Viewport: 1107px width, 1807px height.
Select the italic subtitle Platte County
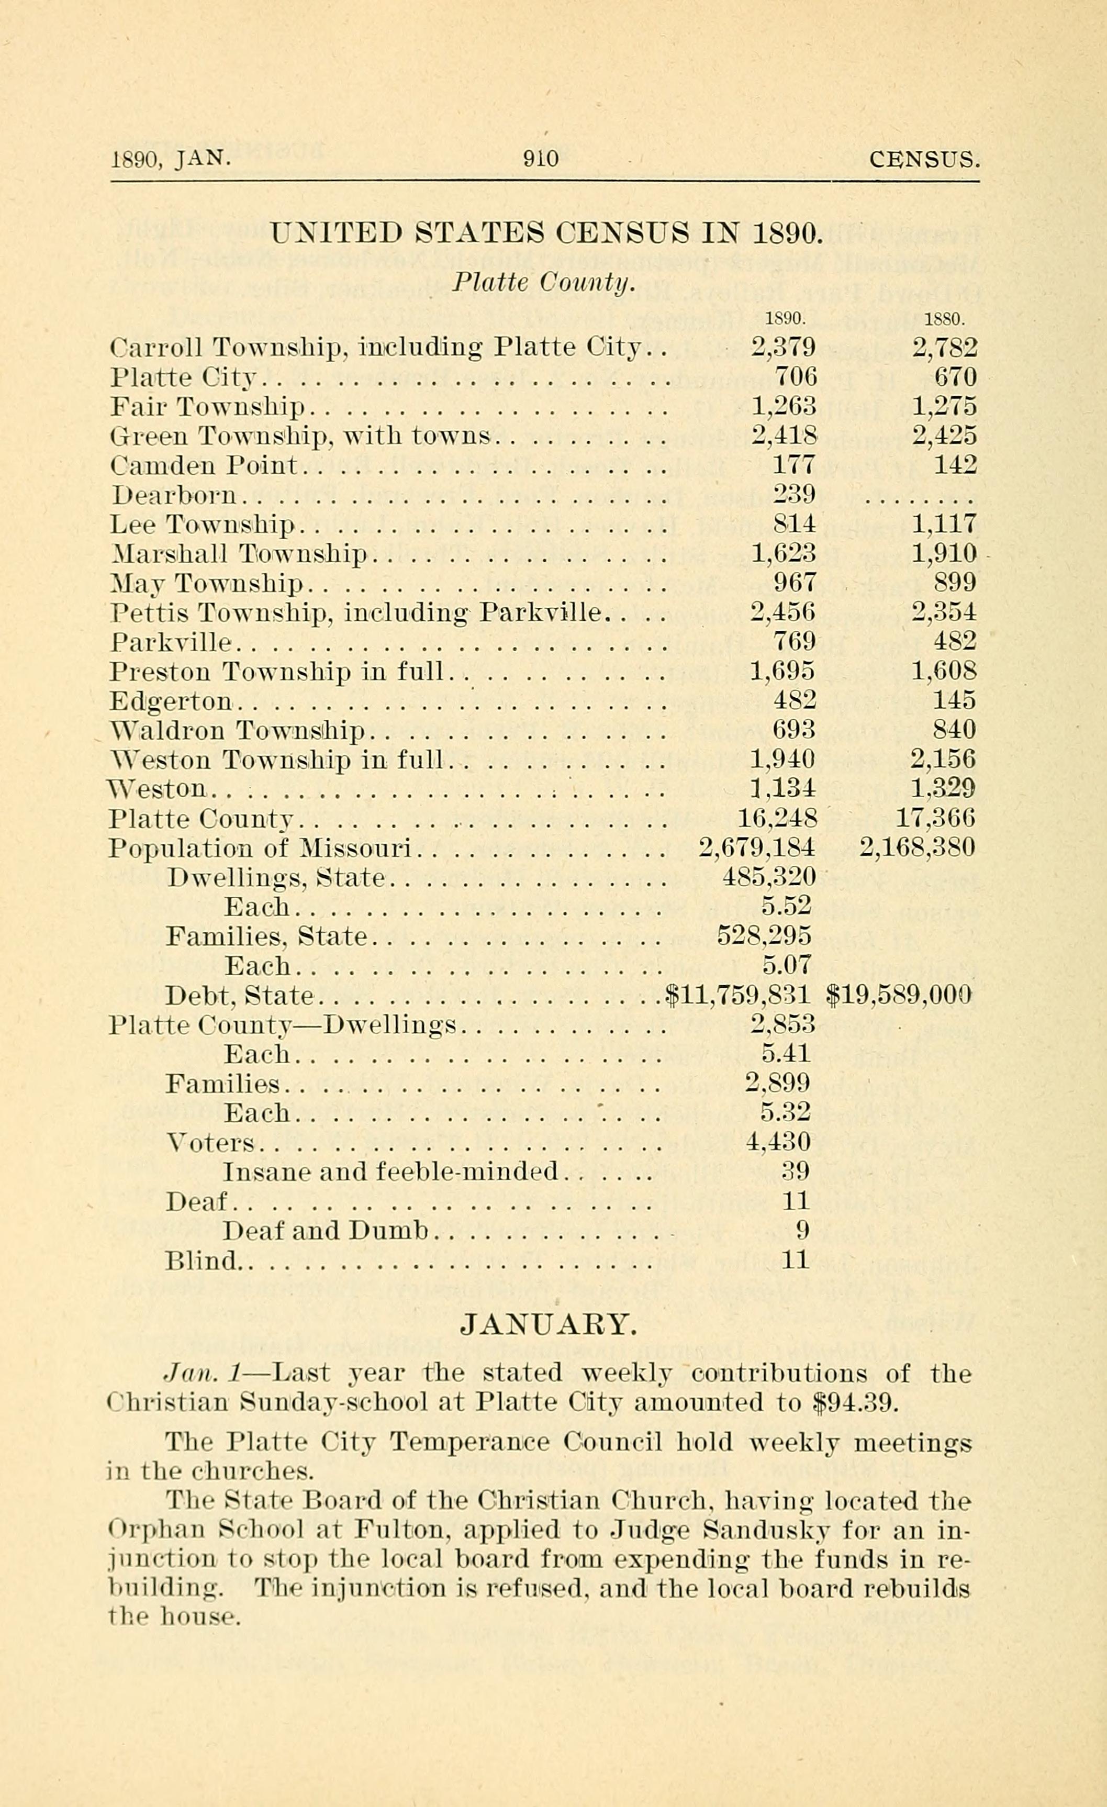[542, 282]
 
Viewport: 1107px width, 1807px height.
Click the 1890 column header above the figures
[785, 319]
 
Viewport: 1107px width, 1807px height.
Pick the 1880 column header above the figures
[944, 319]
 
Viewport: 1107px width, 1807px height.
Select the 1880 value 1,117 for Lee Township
[944, 523]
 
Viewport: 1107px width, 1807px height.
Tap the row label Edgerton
[171, 701]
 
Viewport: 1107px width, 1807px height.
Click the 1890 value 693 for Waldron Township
[794, 730]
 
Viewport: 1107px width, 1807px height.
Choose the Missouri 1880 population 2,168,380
[917, 849]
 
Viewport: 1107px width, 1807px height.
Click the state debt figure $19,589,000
[899, 995]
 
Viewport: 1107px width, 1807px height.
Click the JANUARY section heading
[547, 1324]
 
